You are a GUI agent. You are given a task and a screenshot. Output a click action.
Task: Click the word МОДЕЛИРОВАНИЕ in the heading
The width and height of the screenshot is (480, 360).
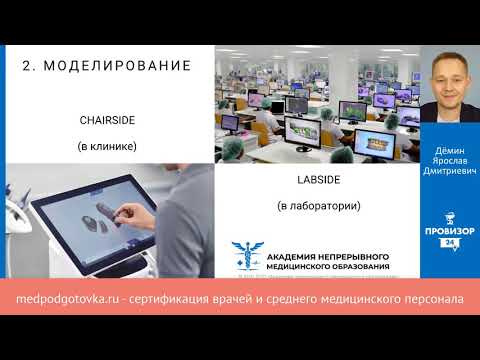coord(124,66)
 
